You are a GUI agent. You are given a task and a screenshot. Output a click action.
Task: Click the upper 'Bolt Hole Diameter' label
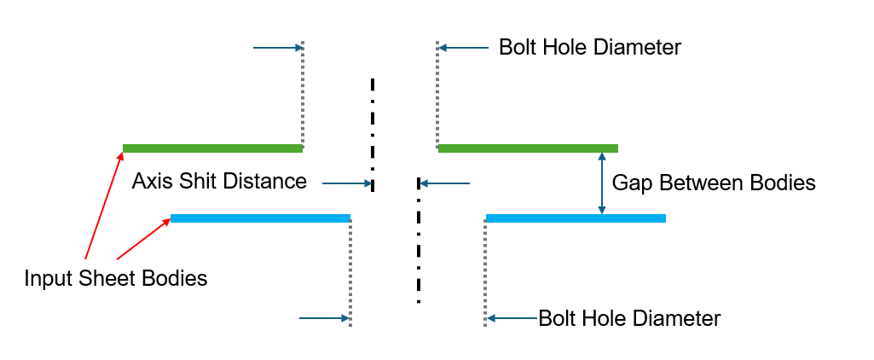coord(589,47)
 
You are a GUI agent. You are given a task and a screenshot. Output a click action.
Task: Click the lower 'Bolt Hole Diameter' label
coord(629,319)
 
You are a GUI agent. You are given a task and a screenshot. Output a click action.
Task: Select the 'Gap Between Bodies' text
coord(715,183)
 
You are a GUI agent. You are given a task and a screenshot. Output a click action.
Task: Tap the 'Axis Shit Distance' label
coord(219,182)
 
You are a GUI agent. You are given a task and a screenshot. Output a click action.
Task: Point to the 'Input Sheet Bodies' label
coord(116,278)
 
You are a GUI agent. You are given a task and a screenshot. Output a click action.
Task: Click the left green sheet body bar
coord(212,148)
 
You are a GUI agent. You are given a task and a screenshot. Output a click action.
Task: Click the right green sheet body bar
coord(528,148)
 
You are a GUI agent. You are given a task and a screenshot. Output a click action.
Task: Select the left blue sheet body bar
coord(260,218)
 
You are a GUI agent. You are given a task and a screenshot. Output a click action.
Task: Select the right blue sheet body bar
coord(576,218)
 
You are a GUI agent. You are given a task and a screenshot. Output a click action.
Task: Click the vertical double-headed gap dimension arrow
coord(603,183)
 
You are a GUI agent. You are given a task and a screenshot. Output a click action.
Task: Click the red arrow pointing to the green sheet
coord(102,205)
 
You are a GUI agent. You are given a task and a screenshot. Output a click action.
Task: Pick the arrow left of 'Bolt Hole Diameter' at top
coord(464,48)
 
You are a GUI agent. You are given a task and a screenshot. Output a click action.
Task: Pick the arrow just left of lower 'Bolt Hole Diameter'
coord(512,319)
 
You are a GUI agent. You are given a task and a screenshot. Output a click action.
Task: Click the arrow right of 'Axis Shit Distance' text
coord(346,183)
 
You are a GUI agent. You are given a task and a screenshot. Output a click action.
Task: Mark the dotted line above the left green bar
coord(303,94)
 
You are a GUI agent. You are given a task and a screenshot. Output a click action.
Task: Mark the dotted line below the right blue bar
coord(485,273)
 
